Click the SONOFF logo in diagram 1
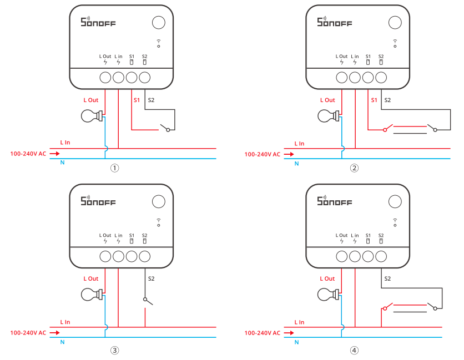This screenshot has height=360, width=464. click(98, 22)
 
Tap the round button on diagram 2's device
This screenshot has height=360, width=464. click(395, 22)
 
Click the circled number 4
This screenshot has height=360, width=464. click(354, 351)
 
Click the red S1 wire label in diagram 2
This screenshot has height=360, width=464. click(374, 100)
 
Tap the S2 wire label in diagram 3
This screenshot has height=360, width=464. click(150, 278)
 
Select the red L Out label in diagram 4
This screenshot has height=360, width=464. click(327, 278)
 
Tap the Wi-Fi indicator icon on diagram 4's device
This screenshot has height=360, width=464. click(395, 222)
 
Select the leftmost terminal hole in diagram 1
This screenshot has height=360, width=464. click(105, 78)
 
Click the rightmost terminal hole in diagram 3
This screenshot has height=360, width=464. click(145, 256)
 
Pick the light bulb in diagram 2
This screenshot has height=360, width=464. click(326, 116)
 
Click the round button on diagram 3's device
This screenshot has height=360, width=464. click(159, 201)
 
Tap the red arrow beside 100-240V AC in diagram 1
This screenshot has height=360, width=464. click(54, 154)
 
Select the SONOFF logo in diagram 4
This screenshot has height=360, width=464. click(335, 201)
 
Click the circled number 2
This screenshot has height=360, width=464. click(354, 168)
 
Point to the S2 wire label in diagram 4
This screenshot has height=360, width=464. click(387, 278)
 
